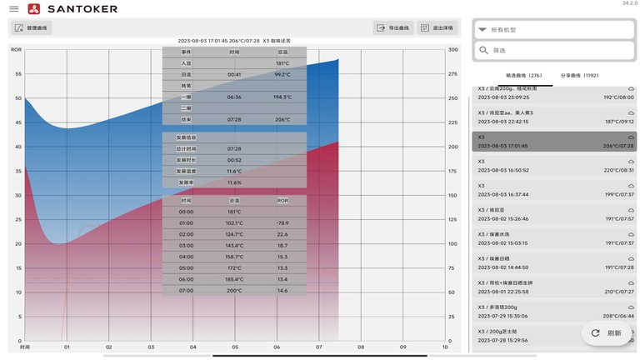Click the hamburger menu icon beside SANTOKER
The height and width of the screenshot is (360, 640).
pyautogui.click(x=13, y=8)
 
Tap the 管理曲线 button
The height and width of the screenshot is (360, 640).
pyautogui.click(x=31, y=27)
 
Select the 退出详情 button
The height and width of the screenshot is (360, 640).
pyautogui.click(x=437, y=27)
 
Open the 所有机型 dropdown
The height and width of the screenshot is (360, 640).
pyautogui.click(x=554, y=29)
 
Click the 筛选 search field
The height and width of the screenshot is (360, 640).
pyautogui.click(x=554, y=51)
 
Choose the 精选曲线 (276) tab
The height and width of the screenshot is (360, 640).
pyautogui.click(x=524, y=75)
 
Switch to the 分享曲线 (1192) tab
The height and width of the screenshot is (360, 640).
pyautogui.click(x=579, y=75)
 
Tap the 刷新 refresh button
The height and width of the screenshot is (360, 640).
pyautogui.click(x=606, y=332)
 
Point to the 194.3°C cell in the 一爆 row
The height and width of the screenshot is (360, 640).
pyautogui.click(x=282, y=97)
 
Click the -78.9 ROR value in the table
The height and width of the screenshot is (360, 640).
pyautogui.click(x=282, y=223)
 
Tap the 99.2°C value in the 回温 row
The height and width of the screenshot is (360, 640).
pyautogui.click(x=282, y=74)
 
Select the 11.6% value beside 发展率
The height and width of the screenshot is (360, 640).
pyautogui.click(x=235, y=182)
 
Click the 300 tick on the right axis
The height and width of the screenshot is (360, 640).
pyautogui.click(x=453, y=50)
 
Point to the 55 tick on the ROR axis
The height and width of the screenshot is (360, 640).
pyautogui.click(x=17, y=74)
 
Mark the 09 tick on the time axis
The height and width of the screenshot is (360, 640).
pyautogui.click(x=402, y=347)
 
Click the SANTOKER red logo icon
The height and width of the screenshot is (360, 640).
pyautogui.click(x=33, y=8)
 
